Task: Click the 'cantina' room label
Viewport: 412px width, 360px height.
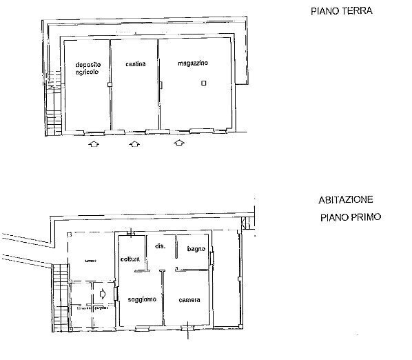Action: (x=135, y=64)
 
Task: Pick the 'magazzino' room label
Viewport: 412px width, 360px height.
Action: (x=192, y=63)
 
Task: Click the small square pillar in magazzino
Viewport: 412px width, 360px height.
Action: (x=203, y=83)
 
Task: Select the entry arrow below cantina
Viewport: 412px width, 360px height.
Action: (x=135, y=145)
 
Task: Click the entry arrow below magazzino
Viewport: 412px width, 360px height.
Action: (x=179, y=143)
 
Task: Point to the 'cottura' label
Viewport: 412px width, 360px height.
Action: (x=130, y=259)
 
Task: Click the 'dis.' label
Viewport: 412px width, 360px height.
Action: (x=159, y=246)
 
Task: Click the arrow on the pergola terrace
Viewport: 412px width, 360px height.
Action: (x=102, y=294)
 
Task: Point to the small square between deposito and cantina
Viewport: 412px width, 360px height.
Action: (x=110, y=85)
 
